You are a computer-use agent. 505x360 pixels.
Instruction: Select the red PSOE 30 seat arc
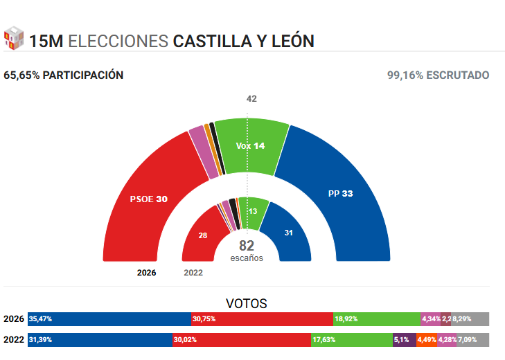point(149,199)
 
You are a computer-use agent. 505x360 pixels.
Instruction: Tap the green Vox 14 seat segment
point(251,146)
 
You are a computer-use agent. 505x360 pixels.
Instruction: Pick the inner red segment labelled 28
point(202,235)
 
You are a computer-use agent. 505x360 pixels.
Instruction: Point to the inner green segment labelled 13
point(253,211)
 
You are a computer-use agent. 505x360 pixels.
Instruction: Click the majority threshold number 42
point(251,99)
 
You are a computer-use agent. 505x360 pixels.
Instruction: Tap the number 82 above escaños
point(247,246)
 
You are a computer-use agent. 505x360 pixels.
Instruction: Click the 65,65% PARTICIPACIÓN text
point(64,75)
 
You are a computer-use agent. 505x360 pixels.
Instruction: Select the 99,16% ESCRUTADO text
point(438,75)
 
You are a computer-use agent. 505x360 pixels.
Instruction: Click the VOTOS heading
point(247,303)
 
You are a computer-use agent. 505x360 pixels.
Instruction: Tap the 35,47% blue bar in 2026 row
point(109,319)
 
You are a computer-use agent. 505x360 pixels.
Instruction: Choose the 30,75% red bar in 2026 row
point(262,319)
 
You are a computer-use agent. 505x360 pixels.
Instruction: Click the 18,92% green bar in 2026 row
point(377,319)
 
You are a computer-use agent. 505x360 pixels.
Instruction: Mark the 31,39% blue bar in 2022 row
point(100,340)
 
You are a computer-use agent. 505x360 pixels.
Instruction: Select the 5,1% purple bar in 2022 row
point(404,340)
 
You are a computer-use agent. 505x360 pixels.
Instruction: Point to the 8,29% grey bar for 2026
point(471,319)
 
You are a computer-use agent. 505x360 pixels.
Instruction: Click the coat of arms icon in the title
point(14,39)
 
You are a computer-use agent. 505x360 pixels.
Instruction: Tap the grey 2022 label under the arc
point(193,273)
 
